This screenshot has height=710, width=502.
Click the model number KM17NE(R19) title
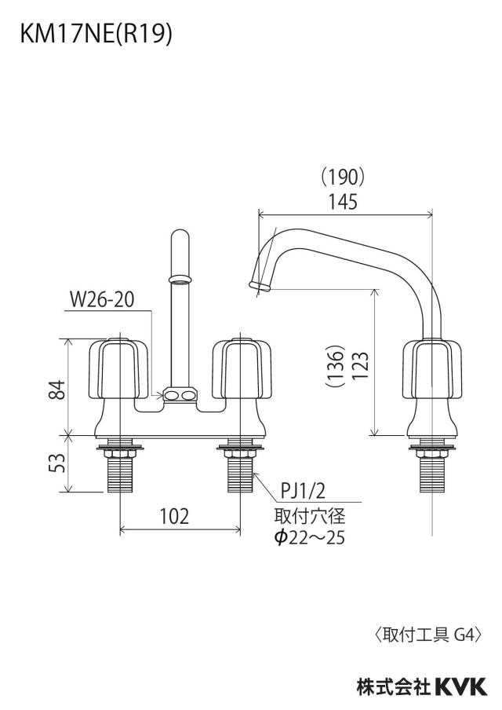coord(96,35)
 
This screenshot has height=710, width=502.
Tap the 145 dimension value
coord(344,201)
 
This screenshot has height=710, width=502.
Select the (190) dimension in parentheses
coord(342,177)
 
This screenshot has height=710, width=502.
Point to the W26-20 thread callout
coord(102,299)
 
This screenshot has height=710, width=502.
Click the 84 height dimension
coord(58,390)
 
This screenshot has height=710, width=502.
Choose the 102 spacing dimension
coord(174,516)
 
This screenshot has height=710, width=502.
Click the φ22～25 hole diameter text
coord(310,537)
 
